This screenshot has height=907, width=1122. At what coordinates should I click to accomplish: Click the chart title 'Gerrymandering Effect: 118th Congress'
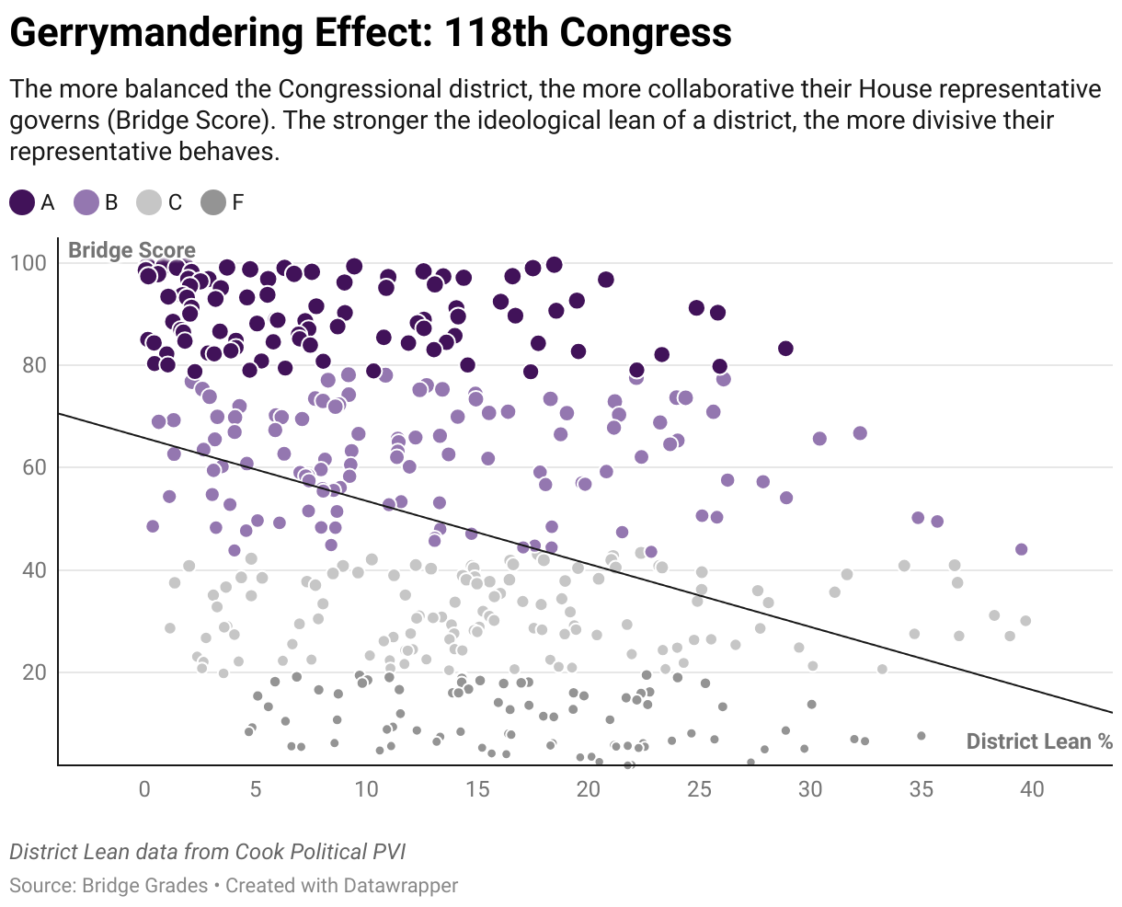(x=371, y=34)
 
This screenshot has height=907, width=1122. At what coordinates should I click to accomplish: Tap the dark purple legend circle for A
(x=23, y=203)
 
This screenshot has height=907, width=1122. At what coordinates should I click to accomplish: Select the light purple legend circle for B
(x=86, y=203)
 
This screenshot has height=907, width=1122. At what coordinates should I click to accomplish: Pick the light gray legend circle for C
(x=149, y=203)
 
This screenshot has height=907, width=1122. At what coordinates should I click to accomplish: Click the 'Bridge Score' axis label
(x=132, y=250)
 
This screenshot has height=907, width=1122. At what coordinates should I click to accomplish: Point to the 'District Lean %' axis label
(x=1039, y=741)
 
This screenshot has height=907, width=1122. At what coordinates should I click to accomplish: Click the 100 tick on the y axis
(x=28, y=263)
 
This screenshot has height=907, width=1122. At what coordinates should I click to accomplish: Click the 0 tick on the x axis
(x=144, y=789)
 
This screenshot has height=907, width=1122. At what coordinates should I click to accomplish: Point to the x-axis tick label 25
(x=700, y=789)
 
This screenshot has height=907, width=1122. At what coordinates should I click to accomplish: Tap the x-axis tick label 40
(x=1033, y=789)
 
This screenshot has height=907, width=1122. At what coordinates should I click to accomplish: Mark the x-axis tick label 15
(x=477, y=789)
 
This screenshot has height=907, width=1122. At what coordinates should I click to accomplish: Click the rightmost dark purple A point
(x=785, y=349)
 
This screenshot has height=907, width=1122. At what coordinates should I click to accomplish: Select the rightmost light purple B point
(x=1021, y=549)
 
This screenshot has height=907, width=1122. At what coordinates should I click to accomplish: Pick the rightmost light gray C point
(x=1025, y=621)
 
